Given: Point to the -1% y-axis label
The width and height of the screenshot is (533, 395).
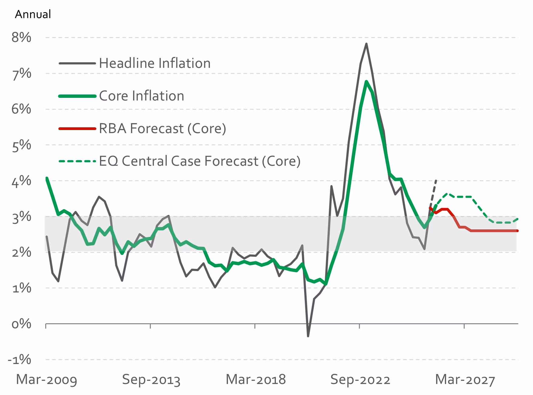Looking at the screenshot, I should pyautogui.click(x=19, y=359).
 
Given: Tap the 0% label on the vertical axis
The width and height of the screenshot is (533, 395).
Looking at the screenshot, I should pyautogui.click(x=21, y=324).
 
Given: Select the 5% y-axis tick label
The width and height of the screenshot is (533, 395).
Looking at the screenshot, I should pyautogui.click(x=21, y=145).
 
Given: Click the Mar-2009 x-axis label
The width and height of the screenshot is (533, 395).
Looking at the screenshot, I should pyautogui.click(x=46, y=380).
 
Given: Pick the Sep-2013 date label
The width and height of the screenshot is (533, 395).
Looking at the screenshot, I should pyautogui.click(x=151, y=380).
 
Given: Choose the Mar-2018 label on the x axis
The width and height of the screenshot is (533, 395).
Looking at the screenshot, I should pyautogui.click(x=256, y=380).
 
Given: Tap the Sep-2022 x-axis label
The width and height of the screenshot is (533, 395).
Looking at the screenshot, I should pyautogui.click(x=360, y=380).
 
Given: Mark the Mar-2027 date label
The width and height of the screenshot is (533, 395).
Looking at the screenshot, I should pyautogui.click(x=465, y=380).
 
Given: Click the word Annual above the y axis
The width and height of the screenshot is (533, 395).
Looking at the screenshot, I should pyautogui.click(x=33, y=14).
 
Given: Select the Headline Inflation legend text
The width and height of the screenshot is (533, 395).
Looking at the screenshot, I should pyautogui.click(x=155, y=63).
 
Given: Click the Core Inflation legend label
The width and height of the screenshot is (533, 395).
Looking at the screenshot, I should pyautogui.click(x=142, y=96).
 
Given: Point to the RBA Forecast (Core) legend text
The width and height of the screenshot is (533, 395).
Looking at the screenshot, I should pyautogui.click(x=163, y=128).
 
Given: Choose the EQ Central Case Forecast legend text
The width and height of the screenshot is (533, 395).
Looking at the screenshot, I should pyautogui.click(x=200, y=161).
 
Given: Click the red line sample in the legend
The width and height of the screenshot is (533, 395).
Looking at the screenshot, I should pyautogui.click(x=77, y=129).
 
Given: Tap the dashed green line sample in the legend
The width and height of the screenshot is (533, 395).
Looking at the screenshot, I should pyautogui.click(x=77, y=161).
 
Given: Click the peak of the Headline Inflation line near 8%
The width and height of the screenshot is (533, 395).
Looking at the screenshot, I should pyautogui.click(x=366, y=44).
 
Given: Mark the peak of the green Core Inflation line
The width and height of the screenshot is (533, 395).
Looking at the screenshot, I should pyautogui.click(x=366, y=81).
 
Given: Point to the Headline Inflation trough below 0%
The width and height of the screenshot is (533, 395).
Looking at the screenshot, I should pyautogui.click(x=308, y=336).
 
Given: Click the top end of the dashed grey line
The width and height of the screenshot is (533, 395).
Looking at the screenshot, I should pyautogui.click(x=436, y=180).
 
